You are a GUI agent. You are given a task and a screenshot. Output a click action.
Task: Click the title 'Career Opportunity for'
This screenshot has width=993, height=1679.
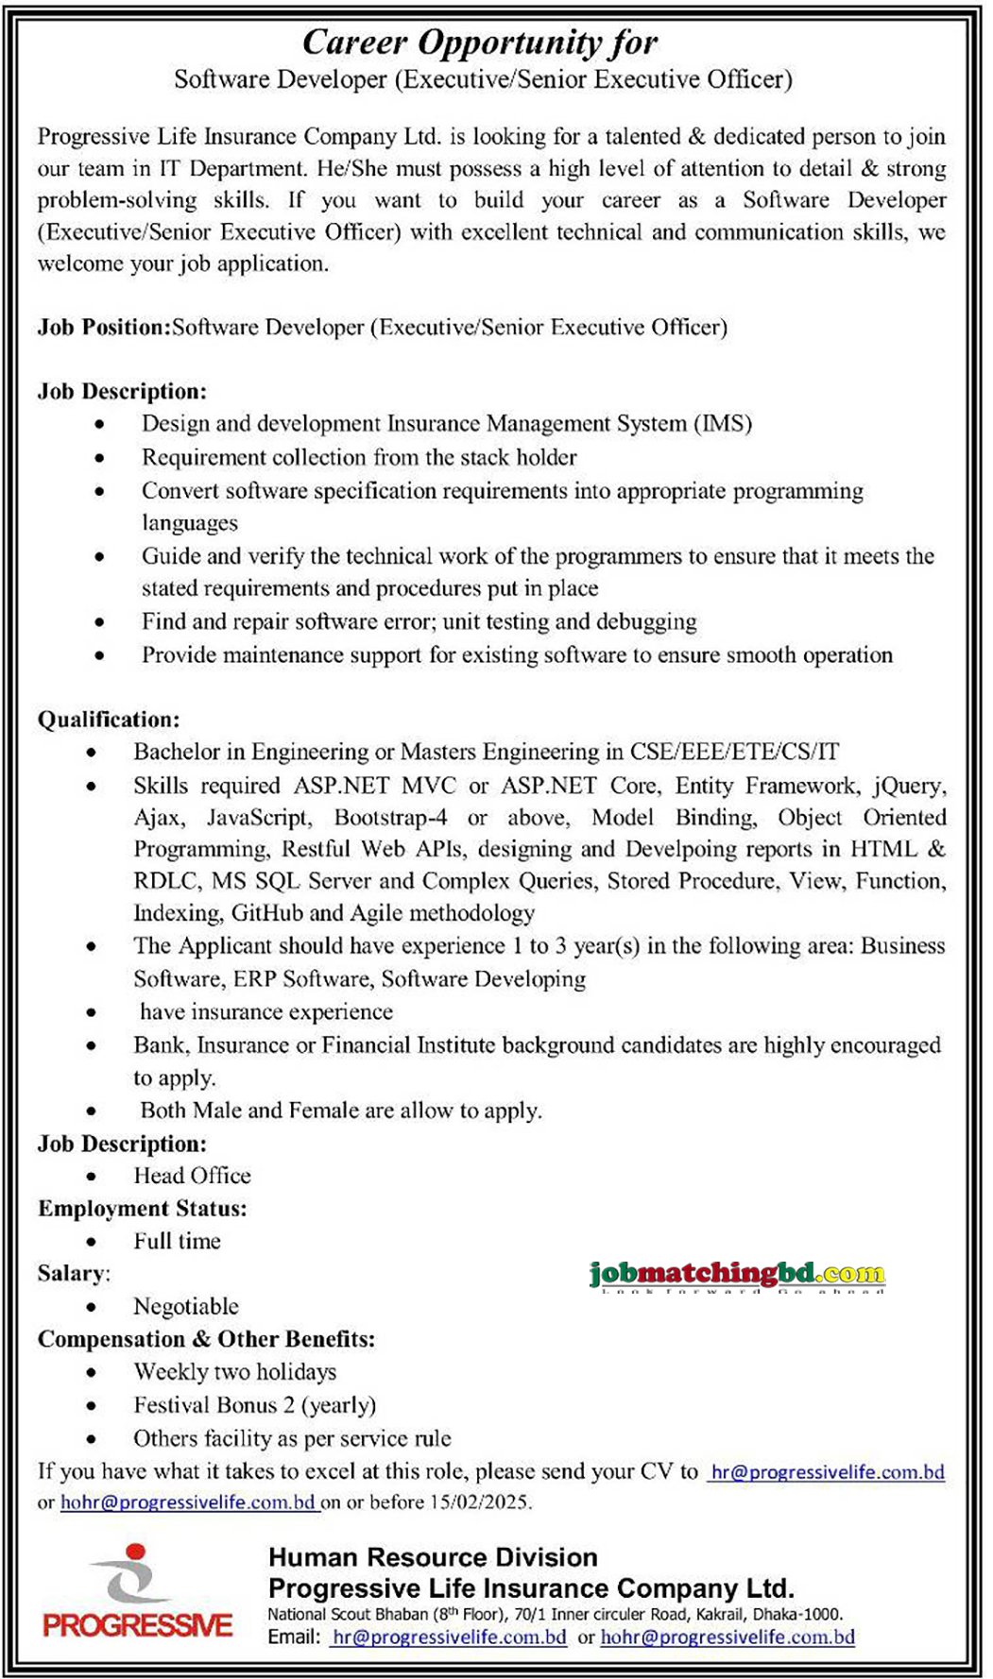pos(479,42)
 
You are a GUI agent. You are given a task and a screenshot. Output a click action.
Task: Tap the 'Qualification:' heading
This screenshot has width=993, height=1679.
pos(109,720)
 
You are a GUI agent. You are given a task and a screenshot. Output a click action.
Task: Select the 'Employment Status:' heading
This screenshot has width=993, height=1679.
pos(142,1209)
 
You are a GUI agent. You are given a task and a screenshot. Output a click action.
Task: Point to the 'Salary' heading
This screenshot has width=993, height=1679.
pos(72,1274)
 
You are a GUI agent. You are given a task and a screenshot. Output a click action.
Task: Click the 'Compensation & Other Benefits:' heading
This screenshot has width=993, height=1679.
pos(206,1339)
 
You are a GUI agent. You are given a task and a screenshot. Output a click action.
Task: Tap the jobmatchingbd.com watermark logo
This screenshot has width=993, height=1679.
pos(736,1275)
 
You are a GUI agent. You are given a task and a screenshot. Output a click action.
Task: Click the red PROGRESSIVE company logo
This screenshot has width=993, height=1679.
pos(137,1596)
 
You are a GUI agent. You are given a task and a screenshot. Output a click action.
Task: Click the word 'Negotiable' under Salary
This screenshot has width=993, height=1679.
pos(186,1307)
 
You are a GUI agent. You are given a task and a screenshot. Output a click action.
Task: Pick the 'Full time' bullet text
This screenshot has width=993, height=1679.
pos(177,1242)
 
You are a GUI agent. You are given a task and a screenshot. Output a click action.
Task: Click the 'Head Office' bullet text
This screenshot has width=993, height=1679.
pos(192,1177)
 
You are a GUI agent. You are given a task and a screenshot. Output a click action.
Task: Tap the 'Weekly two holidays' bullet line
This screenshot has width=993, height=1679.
pos(234,1372)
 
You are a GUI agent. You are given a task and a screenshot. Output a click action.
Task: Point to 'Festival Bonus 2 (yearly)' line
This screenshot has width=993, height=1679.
pos(254,1405)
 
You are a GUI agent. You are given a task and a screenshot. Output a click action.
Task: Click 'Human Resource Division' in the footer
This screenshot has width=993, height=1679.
pos(433,1557)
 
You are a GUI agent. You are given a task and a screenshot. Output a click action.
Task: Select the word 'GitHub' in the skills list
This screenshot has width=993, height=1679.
pos(266,913)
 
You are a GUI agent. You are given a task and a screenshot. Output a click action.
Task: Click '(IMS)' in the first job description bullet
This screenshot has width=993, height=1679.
pos(723,424)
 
